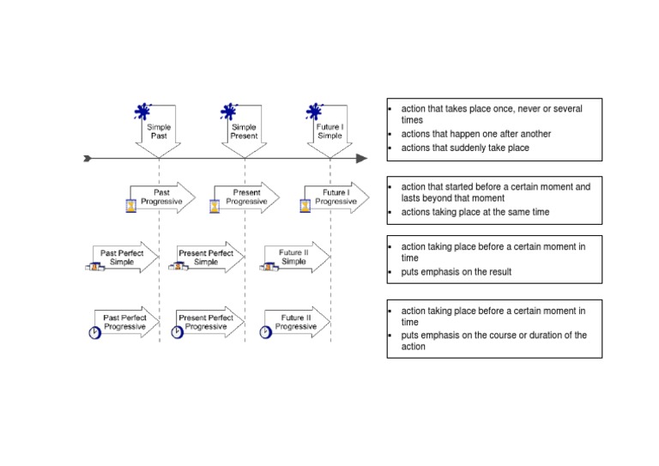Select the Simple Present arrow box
click(x=245, y=131)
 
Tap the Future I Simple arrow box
click(x=329, y=131)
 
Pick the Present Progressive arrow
click(x=247, y=197)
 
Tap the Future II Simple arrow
click(x=295, y=257)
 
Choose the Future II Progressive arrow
click(x=295, y=322)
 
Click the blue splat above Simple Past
click(x=143, y=112)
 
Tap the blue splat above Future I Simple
click(x=315, y=112)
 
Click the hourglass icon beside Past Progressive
click(x=130, y=206)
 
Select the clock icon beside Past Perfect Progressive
click(x=94, y=332)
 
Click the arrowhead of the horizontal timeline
click(x=361, y=158)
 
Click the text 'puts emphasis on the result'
click(x=456, y=272)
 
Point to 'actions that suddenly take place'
click(x=465, y=148)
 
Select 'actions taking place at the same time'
click(x=475, y=212)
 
